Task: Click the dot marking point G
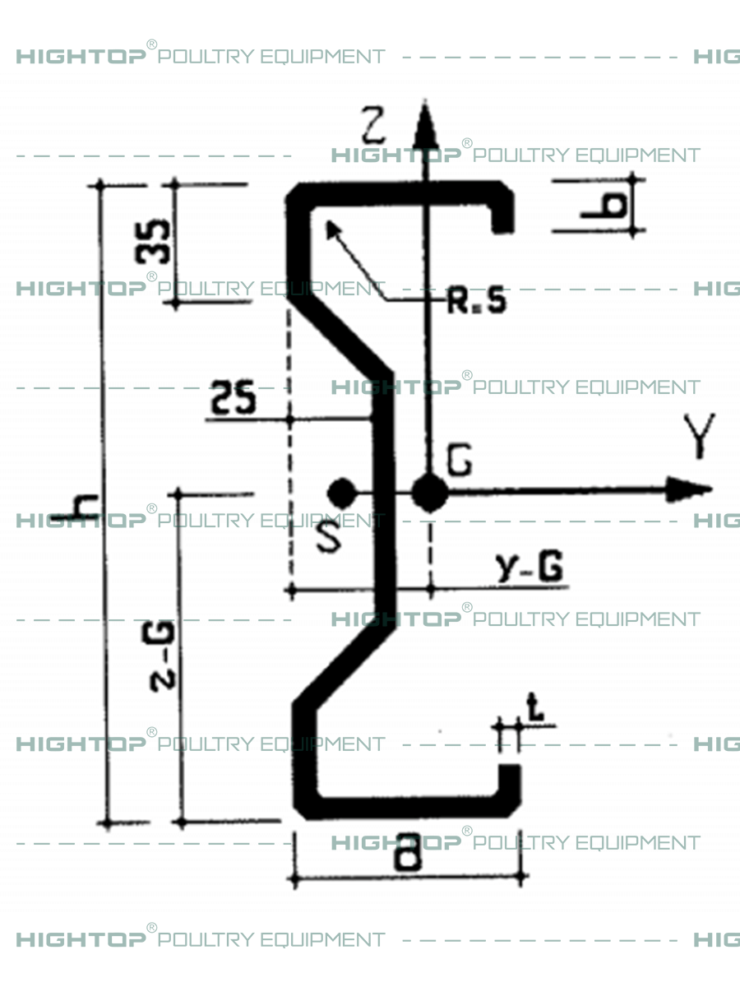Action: click(x=429, y=493)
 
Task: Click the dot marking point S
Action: click(x=340, y=493)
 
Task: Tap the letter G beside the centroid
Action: click(x=459, y=462)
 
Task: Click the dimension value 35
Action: click(x=155, y=243)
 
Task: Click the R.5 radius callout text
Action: click(x=476, y=302)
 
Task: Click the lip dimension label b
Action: click(x=608, y=204)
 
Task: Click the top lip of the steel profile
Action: click(x=502, y=213)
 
